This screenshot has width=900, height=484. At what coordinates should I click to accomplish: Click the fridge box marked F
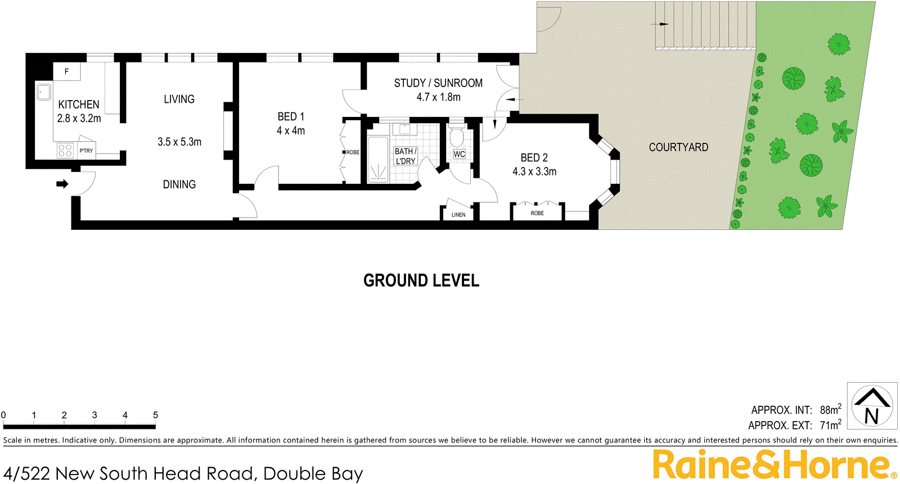tap(67, 72)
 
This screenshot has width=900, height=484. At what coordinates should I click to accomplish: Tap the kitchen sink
tap(44, 92)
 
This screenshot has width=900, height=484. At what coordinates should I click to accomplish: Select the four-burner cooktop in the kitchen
tap(65, 151)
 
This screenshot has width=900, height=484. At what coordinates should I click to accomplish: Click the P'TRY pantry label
tap(86, 151)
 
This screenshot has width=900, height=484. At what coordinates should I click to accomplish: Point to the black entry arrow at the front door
tap(62, 184)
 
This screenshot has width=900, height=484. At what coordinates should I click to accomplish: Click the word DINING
tap(179, 184)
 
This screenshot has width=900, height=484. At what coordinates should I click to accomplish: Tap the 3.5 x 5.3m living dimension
tap(179, 142)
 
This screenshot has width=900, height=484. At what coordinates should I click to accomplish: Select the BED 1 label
tap(291, 116)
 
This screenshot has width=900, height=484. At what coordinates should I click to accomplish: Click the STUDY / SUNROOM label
tap(438, 83)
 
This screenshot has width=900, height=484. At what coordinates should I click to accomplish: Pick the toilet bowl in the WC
tap(456, 137)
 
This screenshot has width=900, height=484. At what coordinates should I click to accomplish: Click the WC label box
tap(459, 154)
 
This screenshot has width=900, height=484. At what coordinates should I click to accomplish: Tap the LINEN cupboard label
tap(458, 215)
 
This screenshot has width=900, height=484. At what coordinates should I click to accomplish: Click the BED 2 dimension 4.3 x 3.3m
tap(534, 172)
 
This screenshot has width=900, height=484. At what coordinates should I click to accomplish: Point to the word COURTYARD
tap(678, 147)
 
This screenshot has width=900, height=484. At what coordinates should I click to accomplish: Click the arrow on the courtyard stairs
tap(660, 24)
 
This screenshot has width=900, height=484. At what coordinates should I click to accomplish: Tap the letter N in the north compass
tap(871, 416)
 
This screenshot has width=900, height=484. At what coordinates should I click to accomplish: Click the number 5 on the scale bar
tap(155, 415)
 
